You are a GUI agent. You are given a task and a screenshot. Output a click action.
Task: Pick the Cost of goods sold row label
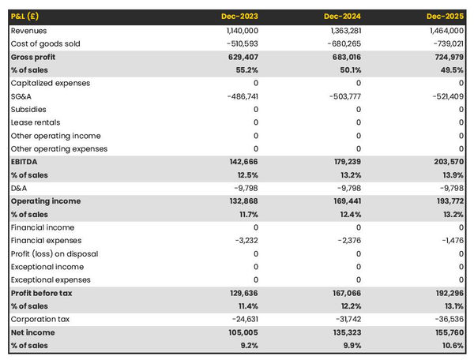(x=46, y=43)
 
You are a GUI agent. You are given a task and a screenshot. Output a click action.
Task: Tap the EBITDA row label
(x=25, y=161)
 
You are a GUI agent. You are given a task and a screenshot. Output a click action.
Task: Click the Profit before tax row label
(x=41, y=293)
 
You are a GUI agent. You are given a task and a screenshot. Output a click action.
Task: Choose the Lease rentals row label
(x=36, y=122)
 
